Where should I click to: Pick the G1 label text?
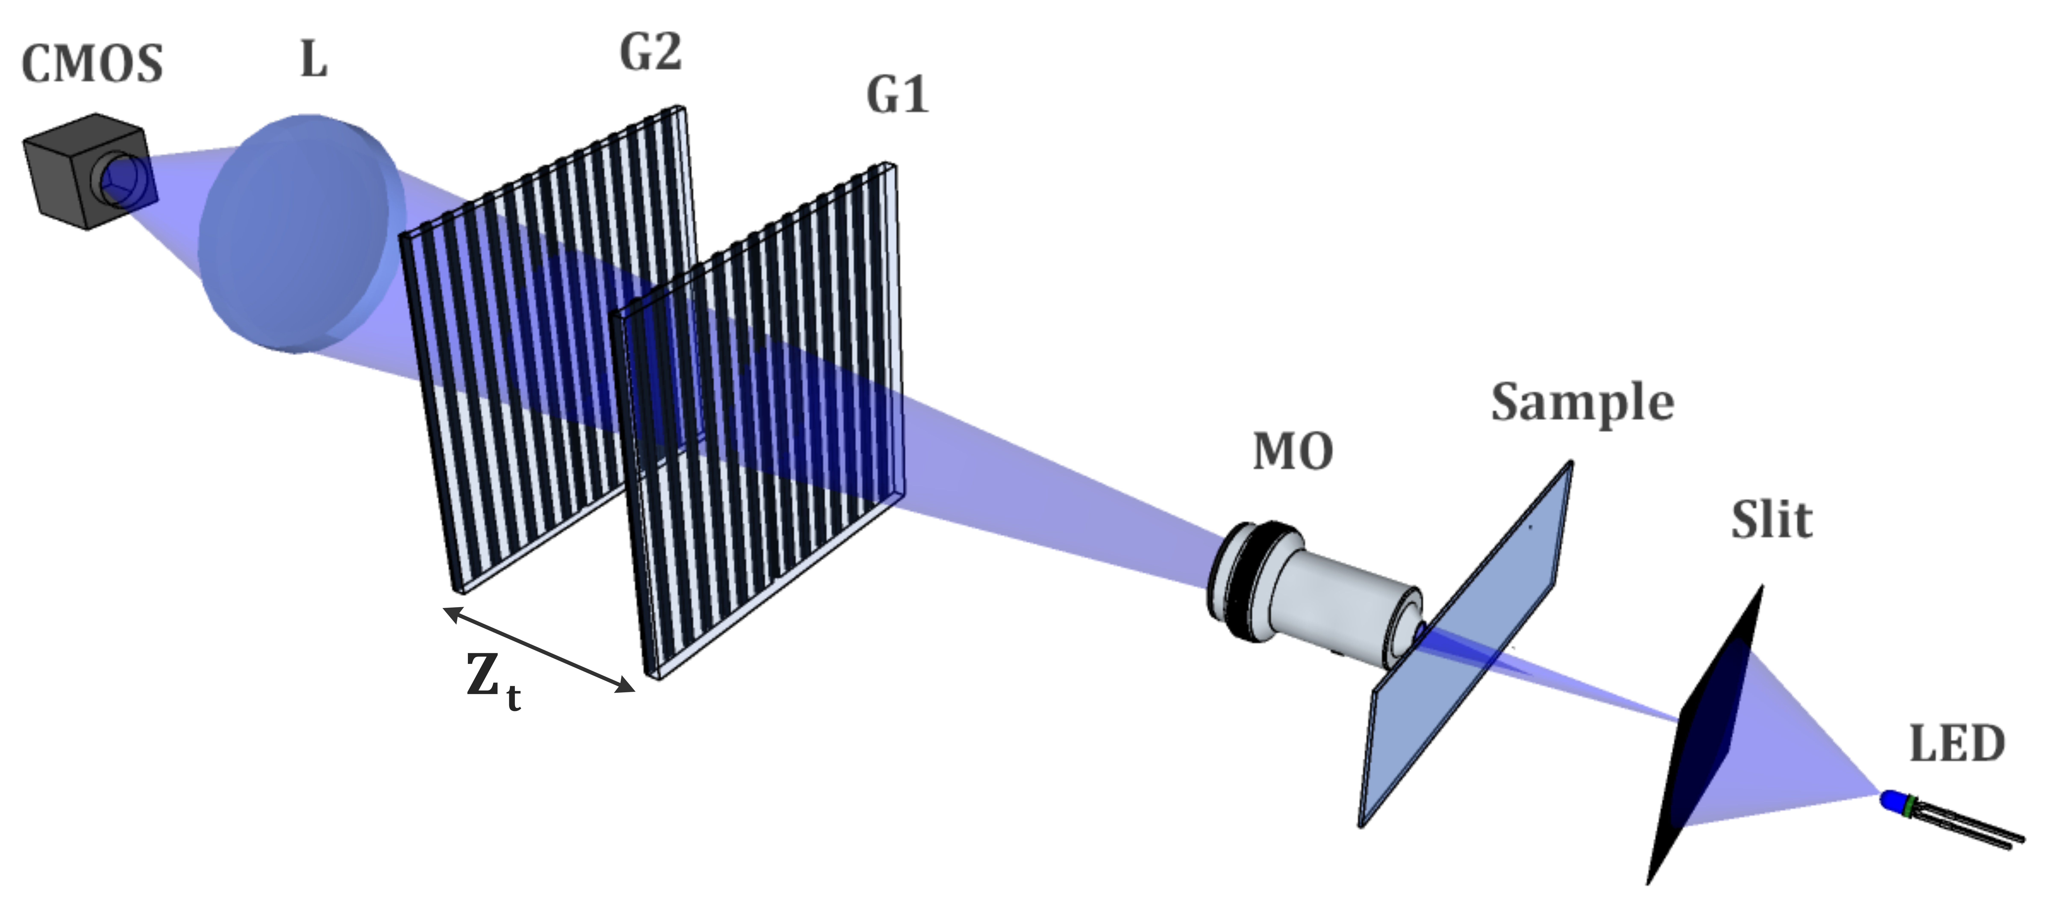[897, 95]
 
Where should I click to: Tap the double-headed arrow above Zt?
[538, 649]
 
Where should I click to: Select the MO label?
[1293, 452]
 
